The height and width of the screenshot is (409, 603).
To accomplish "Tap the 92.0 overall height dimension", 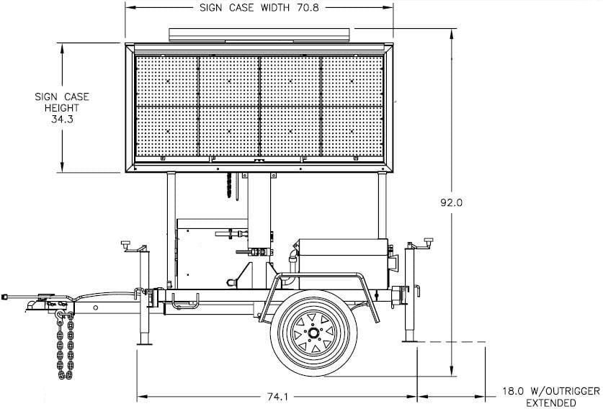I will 451,203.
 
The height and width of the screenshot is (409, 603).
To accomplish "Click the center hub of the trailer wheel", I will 314,333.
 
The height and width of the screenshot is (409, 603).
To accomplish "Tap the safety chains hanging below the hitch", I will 62,346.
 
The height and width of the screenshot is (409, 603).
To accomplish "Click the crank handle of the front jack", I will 128,244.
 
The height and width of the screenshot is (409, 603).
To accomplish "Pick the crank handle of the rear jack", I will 430,241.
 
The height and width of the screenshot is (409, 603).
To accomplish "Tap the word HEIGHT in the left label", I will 66,107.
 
